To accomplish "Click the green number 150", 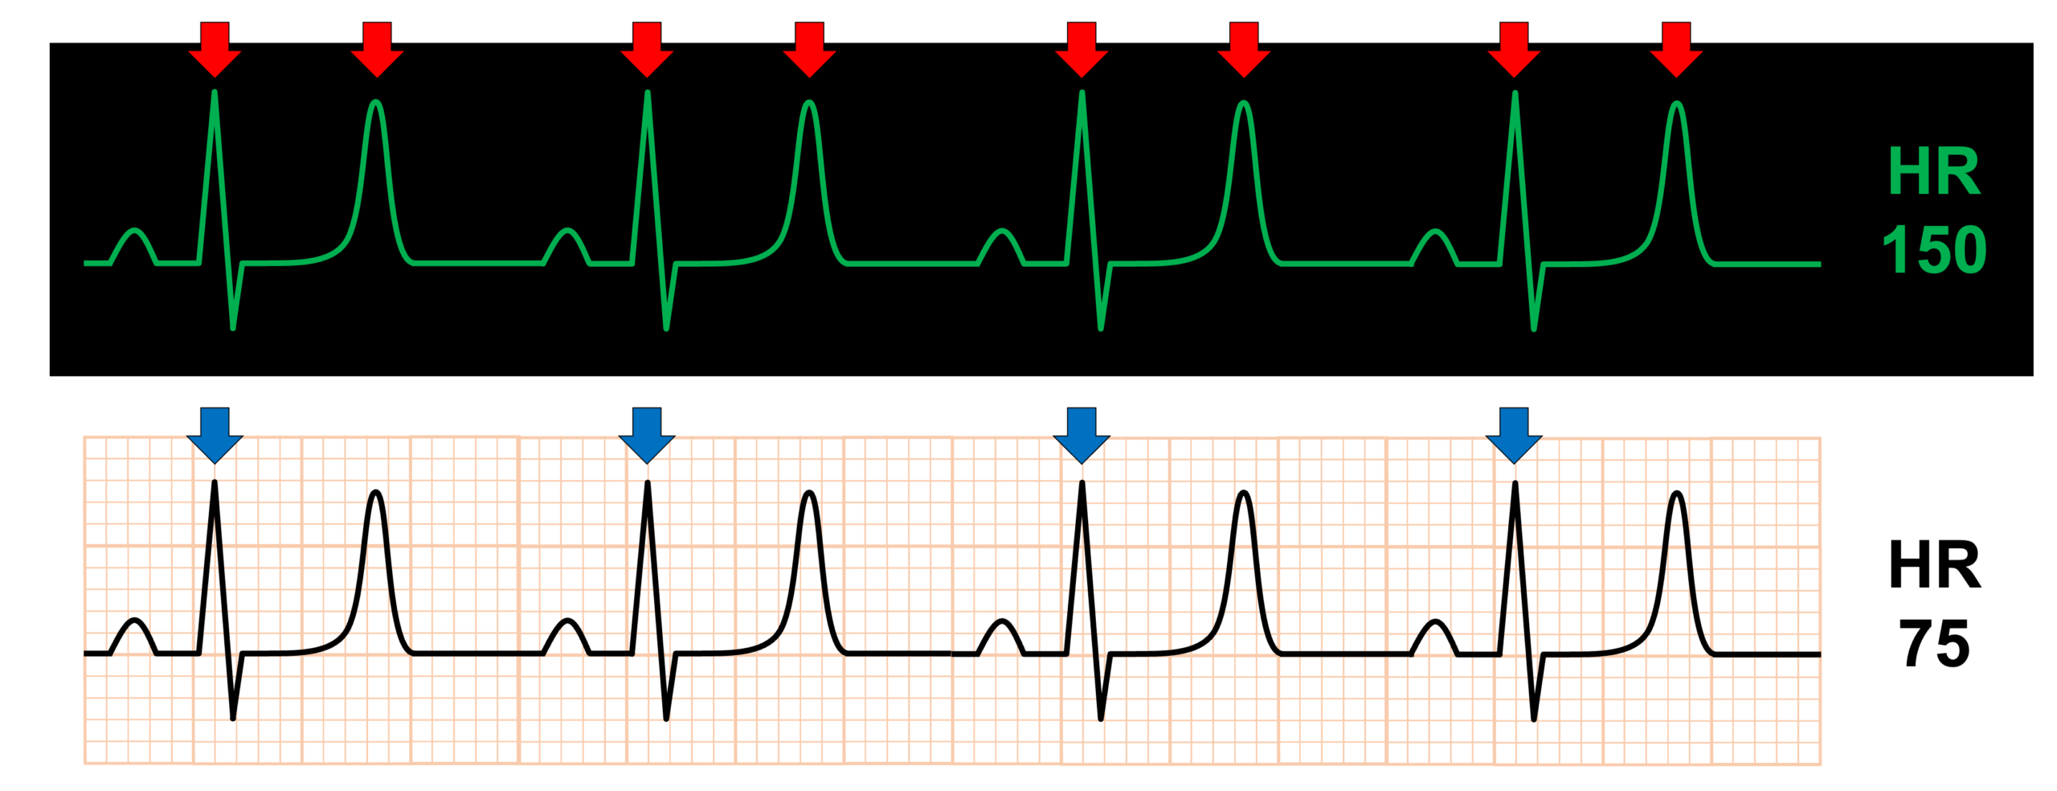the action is [x=1934, y=249].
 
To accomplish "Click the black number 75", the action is [x=1934, y=643].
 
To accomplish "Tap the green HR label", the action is [x=1934, y=170].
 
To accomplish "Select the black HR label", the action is [x=1934, y=564].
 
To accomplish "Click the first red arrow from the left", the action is [x=215, y=50].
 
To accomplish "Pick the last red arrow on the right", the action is [x=1676, y=50].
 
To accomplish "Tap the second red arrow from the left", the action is [x=377, y=50].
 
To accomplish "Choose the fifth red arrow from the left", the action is [x=1082, y=50].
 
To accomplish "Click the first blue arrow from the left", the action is [x=215, y=435].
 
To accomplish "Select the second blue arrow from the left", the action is [x=647, y=435].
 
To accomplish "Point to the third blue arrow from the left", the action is [x=1082, y=435].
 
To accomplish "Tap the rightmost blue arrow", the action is [x=1514, y=435].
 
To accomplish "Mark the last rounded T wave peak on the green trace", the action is [x=1676, y=103].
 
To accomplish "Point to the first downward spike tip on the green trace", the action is [x=233, y=328].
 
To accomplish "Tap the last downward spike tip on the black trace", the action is [x=1534, y=719].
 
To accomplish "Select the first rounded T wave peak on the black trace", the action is [x=375, y=492].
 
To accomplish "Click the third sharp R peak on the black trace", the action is [x=1082, y=482].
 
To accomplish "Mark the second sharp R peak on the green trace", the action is [x=647, y=92].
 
